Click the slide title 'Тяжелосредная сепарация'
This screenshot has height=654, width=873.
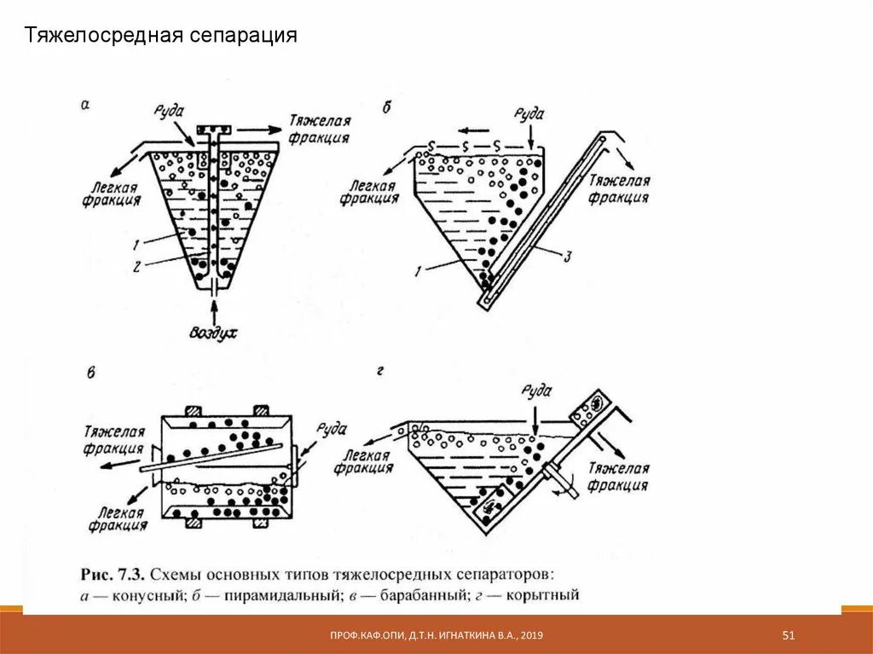pos(160,36)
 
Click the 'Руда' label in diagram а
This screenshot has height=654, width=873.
pos(173,113)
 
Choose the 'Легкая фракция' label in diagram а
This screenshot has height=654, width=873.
pos(112,193)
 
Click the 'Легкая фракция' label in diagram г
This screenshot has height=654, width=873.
pos(362,462)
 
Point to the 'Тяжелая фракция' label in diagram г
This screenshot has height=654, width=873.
pos(619,477)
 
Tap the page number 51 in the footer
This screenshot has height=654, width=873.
pos(789,635)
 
